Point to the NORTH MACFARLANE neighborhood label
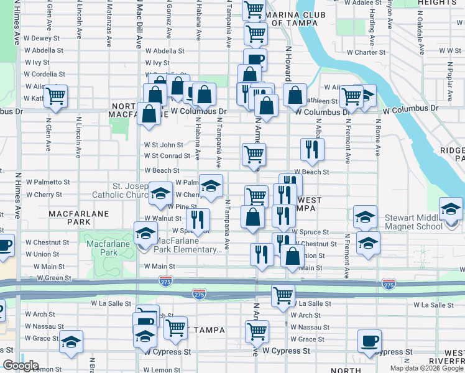point(131,110)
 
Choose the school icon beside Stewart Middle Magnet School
point(451,209)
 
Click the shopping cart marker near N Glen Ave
point(56,96)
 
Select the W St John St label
point(163,145)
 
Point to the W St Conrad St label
point(167,156)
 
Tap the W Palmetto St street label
point(48,182)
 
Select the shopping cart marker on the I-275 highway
point(283,295)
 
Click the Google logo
point(21,366)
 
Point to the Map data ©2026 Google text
point(426,368)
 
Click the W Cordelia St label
point(44,74)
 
